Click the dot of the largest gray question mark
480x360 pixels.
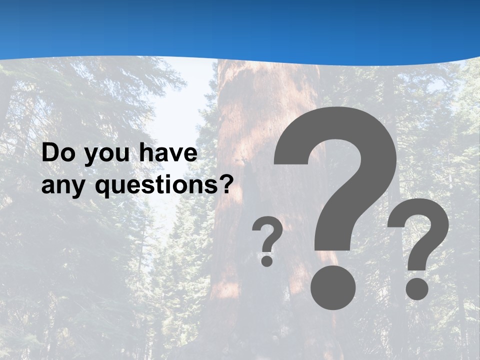tap(333, 287)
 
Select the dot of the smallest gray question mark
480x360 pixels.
tap(267, 260)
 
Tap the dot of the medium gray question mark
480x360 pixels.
tap(416, 288)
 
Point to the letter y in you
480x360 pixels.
tap(90, 157)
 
